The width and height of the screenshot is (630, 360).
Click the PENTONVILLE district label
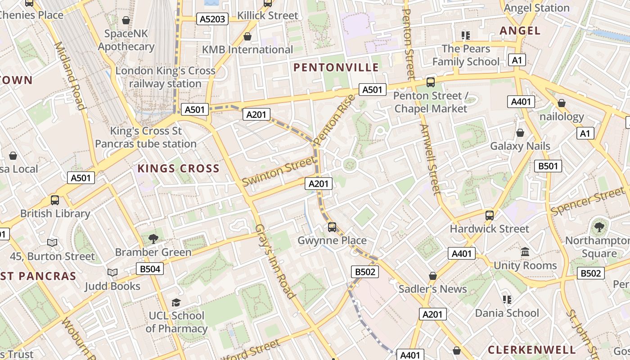pyautogui.click(x=336, y=67)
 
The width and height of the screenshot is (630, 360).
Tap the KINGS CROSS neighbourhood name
pyautogui.click(x=178, y=169)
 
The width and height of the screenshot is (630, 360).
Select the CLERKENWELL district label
pyautogui.click(x=531, y=350)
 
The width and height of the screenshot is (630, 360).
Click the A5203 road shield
pyautogui.click(x=212, y=19)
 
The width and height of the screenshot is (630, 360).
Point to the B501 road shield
pyautogui.click(x=548, y=166)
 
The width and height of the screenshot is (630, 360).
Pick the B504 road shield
pyautogui.click(x=150, y=269)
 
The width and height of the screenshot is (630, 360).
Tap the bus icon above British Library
pyautogui.click(x=55, y=200)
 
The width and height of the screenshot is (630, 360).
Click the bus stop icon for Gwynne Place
pyautogui.click(x=332, y=227)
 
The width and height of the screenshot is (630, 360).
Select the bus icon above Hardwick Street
pyautogui.click(x=490, y=216)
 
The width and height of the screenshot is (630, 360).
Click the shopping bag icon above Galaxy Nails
pyautogui.click(x=520, y=133)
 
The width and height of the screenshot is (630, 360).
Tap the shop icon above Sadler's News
pyautogui.click(x=432, y=276)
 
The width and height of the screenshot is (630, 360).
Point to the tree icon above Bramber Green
pyautogui.click(x=153, y=239)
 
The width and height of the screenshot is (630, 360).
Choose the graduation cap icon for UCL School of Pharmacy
pyautogui.click(x=176, y=302)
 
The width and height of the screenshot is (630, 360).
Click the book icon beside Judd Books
pyautogui.click(x=112, y=273)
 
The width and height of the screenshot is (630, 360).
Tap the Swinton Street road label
pyautogui.click(x=278, y=171)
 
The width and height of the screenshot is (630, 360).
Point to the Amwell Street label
pyautogui.click(x=430, y=159)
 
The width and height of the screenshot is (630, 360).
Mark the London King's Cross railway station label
pyautogui.click(x=166, y=77)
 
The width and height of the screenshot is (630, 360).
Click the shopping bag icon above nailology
pyautogui.click(x=561, y=103)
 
